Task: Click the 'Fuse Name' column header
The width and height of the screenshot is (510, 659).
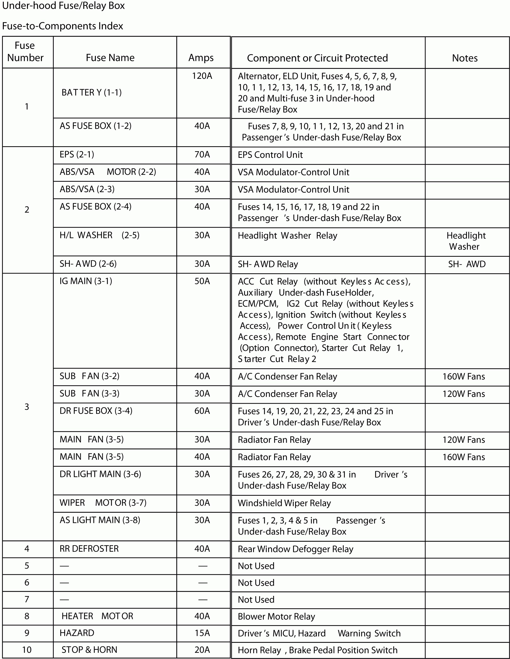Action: pos(110,58)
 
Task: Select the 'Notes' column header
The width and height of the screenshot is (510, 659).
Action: pos(465,58)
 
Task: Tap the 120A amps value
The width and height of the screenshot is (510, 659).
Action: pos(202,76)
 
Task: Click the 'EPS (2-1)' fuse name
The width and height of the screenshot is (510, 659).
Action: pos(77,155)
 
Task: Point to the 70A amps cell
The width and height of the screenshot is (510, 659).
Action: pos(202,155)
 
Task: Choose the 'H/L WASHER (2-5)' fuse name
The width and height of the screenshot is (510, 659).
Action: pos(99,235)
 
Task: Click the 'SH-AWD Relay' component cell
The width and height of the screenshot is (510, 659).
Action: pos(268,264)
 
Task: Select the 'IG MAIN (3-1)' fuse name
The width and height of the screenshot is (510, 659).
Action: pos(86,281)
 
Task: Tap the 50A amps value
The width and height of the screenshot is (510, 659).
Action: pos(202,281)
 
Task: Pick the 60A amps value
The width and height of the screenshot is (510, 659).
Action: pos(202,411)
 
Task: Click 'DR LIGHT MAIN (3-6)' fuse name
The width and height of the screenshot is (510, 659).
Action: pos(100,474)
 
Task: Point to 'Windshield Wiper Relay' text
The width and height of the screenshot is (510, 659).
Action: pos(284,503)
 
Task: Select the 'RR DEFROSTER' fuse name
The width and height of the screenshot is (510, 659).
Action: pos(89,548)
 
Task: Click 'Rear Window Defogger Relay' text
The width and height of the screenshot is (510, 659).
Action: pos(295,549)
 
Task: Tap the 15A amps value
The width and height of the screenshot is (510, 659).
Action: pos(202,633)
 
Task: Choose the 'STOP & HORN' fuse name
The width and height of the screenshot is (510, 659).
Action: pos(89,650)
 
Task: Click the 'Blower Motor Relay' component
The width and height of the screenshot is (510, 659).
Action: pos(276,616)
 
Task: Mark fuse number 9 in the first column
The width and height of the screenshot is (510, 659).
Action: pos(27,633)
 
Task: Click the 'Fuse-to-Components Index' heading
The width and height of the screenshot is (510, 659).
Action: pos(62,26)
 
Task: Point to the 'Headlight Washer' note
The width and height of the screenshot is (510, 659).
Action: pos(466,241)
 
